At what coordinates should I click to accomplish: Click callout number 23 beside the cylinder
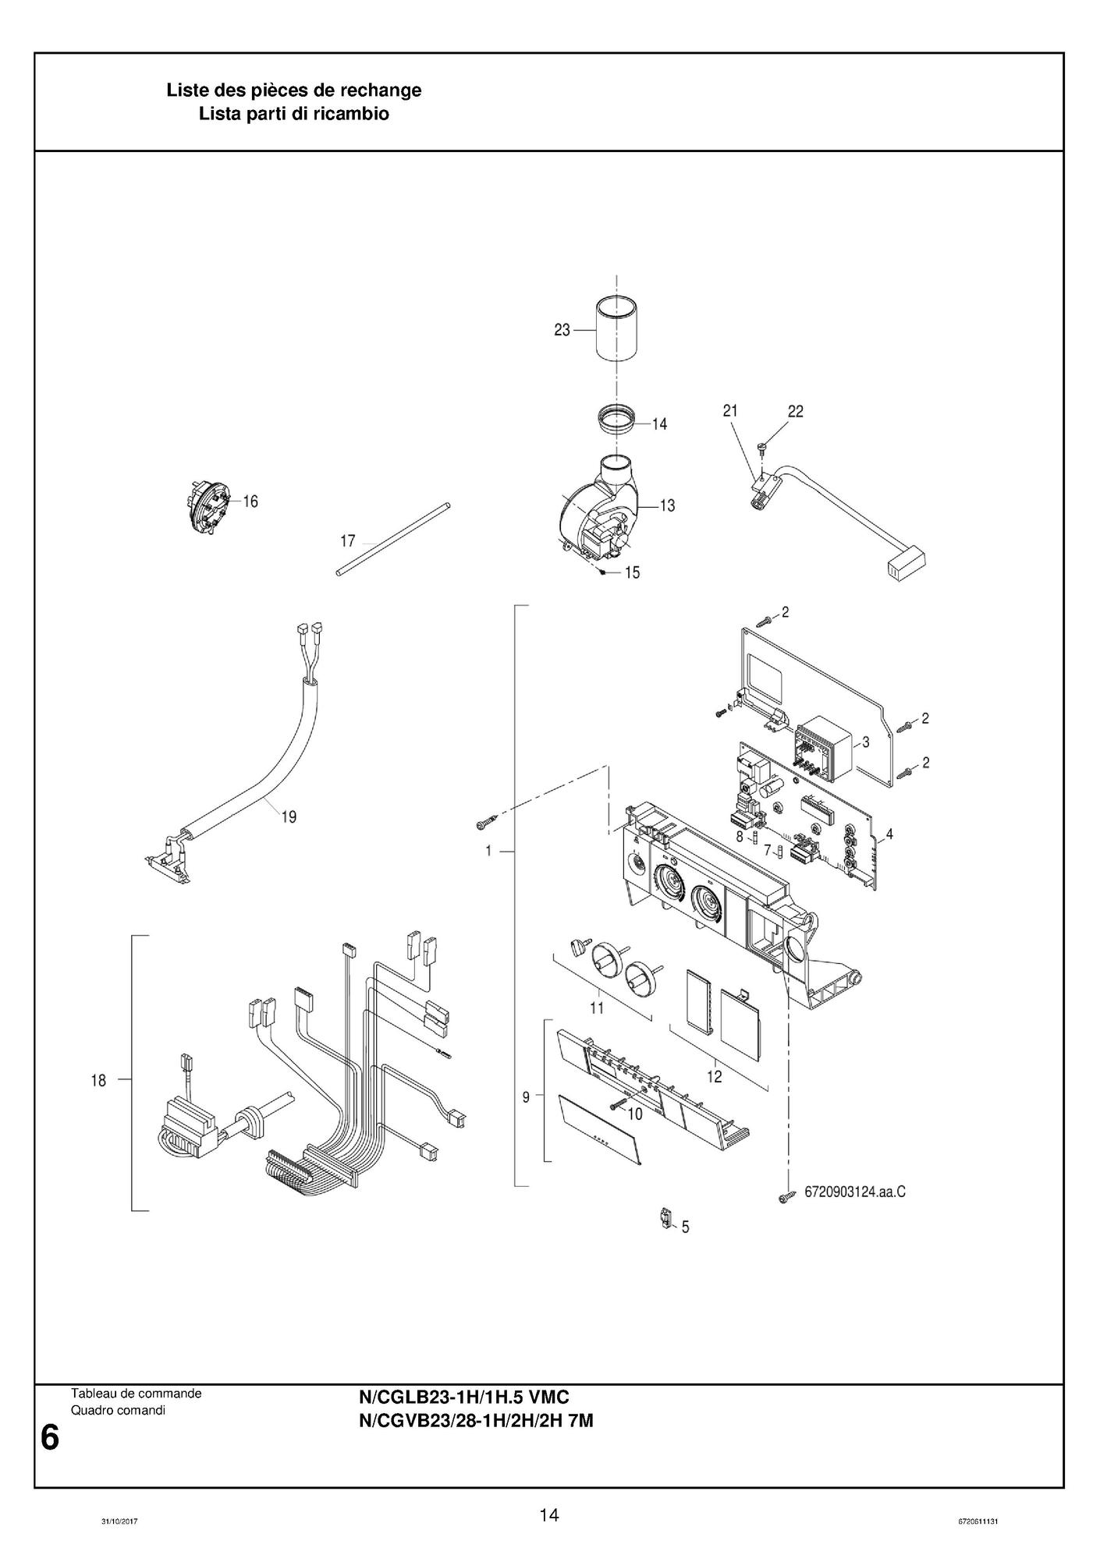(x=562, y=331)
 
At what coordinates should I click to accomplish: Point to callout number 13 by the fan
(x=667, y=505)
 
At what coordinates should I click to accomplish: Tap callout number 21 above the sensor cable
(x=730, y=410)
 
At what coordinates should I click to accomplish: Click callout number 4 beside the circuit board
(x=889, y=834)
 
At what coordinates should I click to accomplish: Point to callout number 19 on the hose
(x=289, y=817)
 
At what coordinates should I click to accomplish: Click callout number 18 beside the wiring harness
(x=99, y=1081)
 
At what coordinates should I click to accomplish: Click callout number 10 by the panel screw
(x=635, y=1114)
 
